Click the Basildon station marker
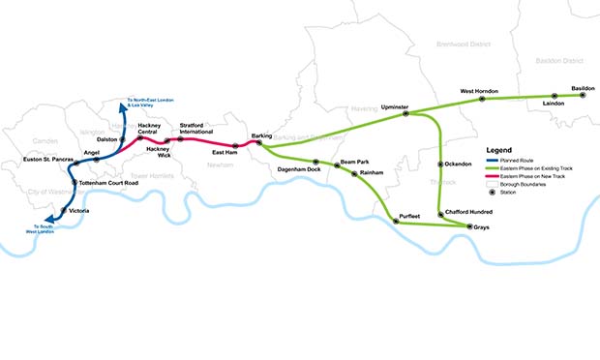[x=583, y=95]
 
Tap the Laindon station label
[x=554, y=103]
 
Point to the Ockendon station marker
[x=440, y=164]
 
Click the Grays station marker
[x=469, y=226]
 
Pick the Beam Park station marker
[x=337, y=165]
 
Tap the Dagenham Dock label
[x=298, y=169]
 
